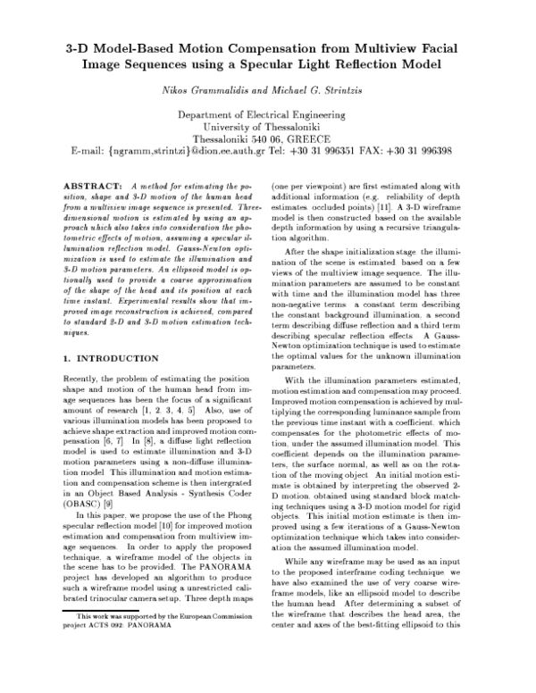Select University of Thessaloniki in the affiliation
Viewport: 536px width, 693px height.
(x=269, y=128)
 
